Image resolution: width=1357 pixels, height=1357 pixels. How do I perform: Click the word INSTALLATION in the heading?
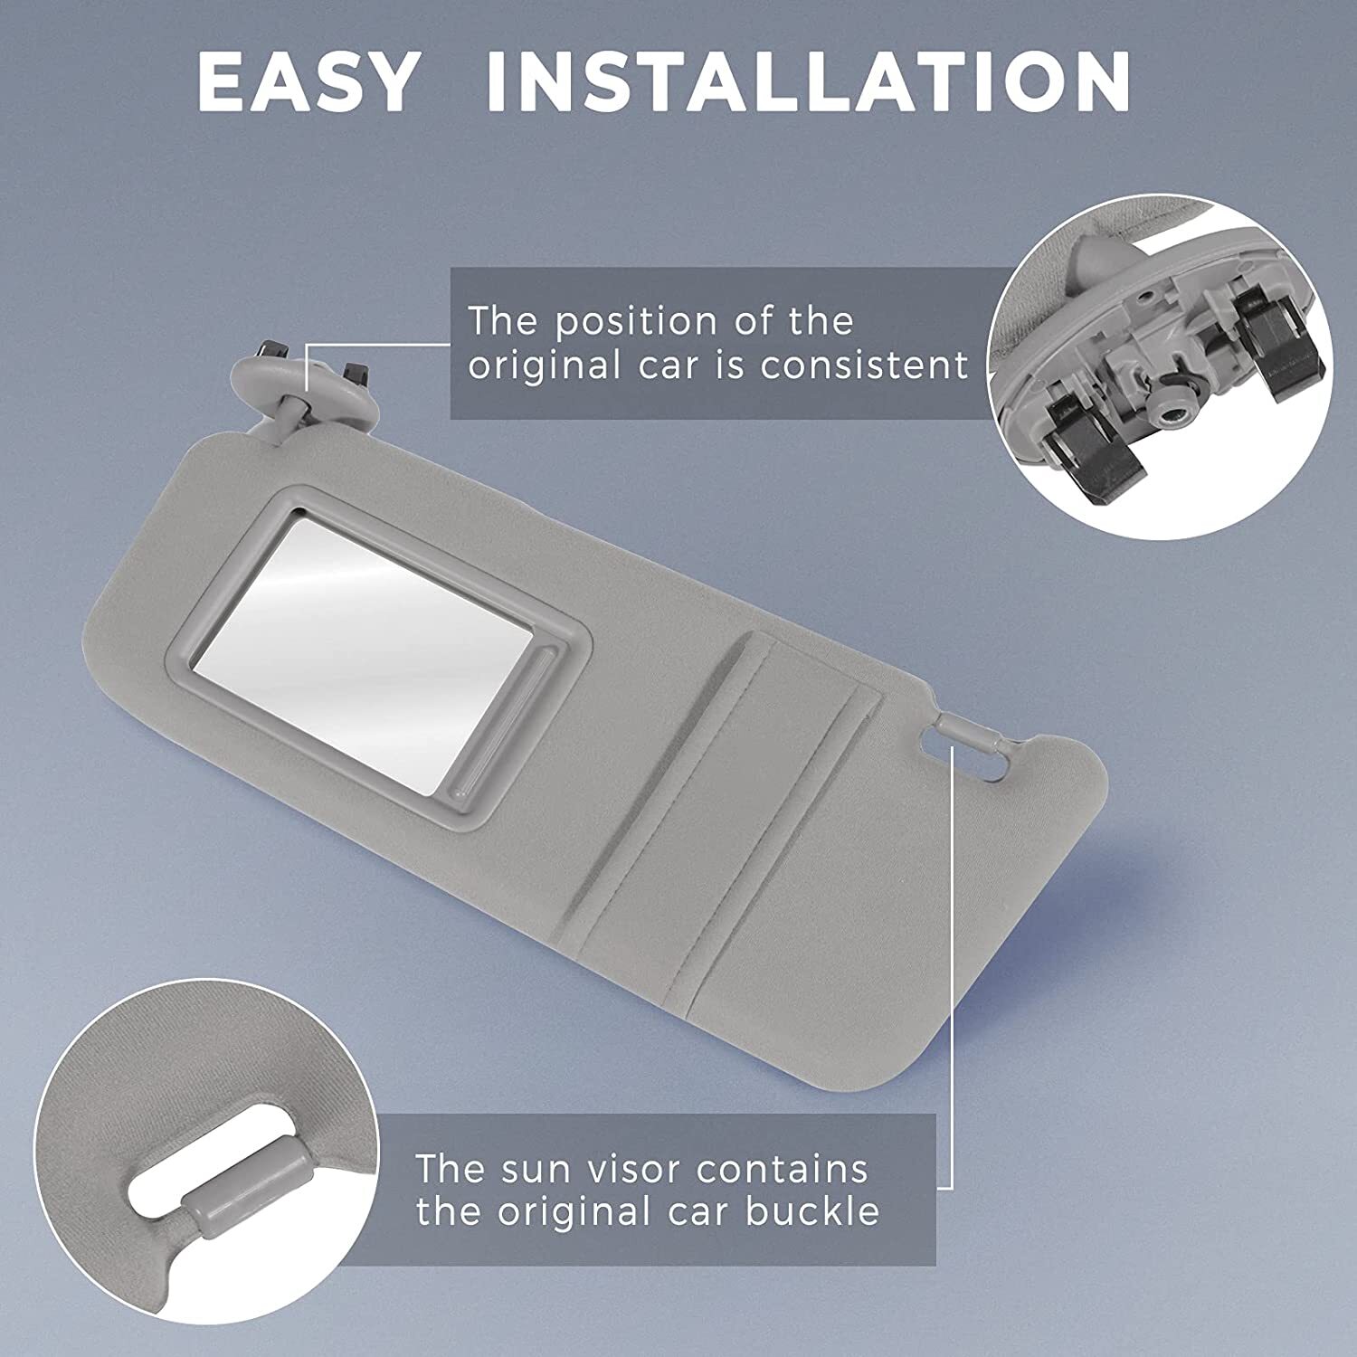tap(808, 83)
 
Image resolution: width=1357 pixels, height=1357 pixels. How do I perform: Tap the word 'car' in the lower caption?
tap(696, 1211)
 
